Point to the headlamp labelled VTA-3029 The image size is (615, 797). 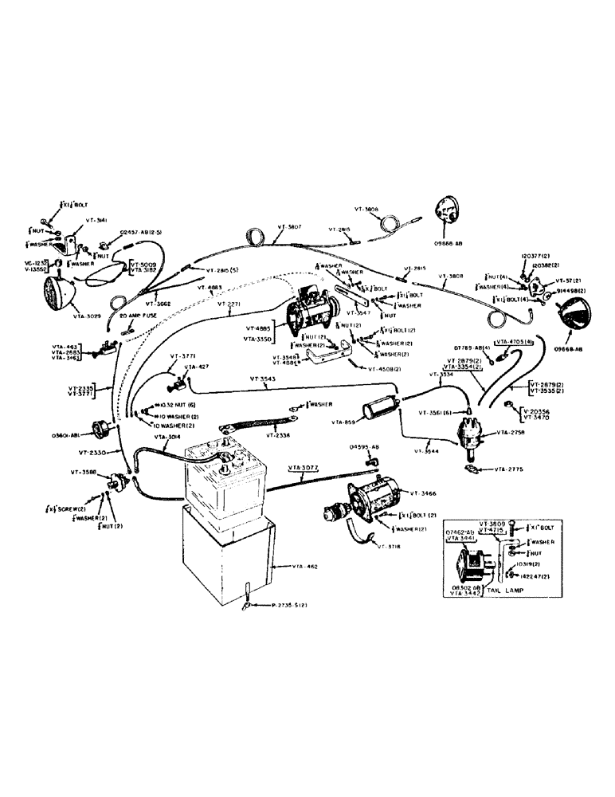[61, 289]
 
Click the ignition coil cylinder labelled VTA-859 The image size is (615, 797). [379, 411]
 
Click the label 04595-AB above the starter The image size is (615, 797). [363, 448]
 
